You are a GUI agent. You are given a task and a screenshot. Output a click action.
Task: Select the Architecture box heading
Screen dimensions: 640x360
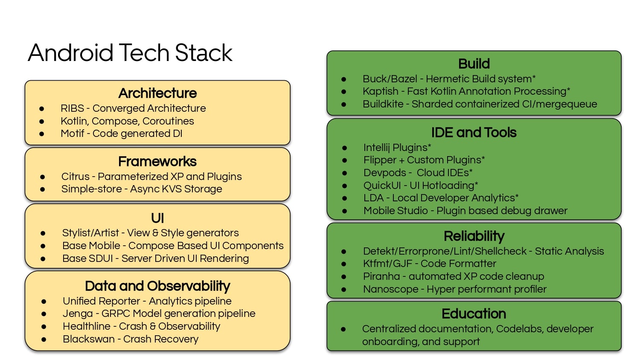157,93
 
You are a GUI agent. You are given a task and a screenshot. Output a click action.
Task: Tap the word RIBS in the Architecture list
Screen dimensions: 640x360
72,108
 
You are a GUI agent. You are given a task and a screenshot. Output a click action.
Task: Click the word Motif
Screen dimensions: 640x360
72,134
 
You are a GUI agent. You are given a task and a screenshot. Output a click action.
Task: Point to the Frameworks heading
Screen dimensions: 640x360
157,161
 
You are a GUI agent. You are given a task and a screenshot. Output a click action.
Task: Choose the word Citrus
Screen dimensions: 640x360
76,177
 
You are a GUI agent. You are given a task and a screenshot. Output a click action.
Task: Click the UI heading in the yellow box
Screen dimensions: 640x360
157,218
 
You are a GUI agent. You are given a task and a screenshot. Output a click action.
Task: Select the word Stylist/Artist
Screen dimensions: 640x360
90,233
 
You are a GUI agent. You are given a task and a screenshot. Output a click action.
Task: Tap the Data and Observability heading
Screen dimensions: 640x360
157,286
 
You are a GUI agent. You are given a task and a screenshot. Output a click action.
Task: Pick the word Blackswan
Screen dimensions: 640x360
89,339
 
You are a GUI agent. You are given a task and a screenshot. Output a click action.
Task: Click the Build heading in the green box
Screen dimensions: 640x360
474,64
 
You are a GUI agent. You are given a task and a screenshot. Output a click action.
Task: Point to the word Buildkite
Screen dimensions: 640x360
383,104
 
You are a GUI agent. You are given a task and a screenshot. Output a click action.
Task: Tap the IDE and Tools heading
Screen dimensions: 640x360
474,133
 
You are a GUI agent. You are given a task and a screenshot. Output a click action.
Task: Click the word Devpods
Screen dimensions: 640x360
385,173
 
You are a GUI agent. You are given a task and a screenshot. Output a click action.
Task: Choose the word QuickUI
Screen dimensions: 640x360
382,186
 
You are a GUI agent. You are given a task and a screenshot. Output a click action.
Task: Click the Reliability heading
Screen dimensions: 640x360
474,236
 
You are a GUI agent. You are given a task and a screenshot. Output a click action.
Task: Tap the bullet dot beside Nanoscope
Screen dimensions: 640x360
344,290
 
